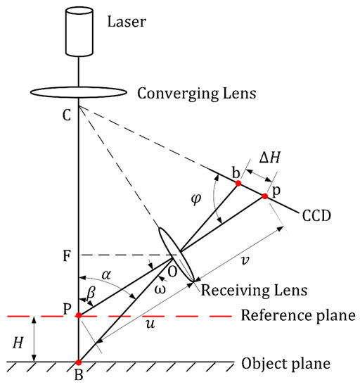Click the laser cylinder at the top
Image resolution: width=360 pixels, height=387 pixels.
point(79,31)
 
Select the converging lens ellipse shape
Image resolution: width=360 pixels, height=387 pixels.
point(79,92)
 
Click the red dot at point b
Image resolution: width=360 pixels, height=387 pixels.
point(239,183)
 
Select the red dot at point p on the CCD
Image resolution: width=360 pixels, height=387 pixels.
point(265,196)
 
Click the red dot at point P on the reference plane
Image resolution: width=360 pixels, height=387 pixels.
point(79,316)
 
